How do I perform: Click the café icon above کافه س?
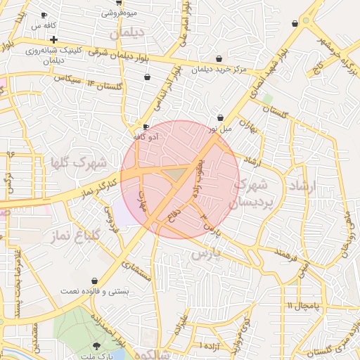tap(44, 15)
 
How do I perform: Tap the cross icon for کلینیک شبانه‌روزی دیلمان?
tap(53, 39)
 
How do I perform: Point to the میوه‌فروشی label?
tap(120, 13)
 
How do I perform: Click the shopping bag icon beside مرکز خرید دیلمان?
tap(220, 58)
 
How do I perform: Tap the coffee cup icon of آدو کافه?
tap(146, 127)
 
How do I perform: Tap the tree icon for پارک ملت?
tap(96, 345)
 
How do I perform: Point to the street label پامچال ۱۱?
tap(303, 306)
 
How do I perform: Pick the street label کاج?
tap(317, 66)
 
